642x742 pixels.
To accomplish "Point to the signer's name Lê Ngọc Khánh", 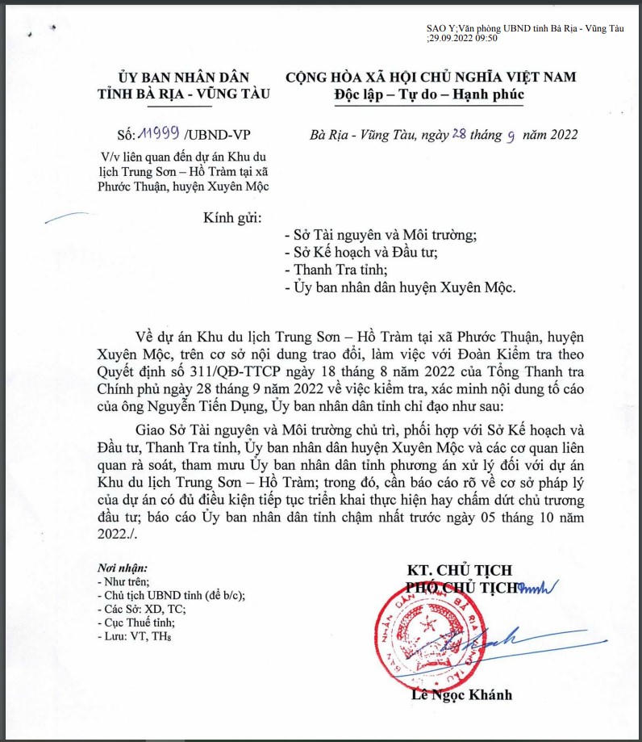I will click(460, 695).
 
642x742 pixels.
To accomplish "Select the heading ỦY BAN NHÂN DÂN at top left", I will click(182, 77).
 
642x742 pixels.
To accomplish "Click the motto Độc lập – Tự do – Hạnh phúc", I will click(429, 95).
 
